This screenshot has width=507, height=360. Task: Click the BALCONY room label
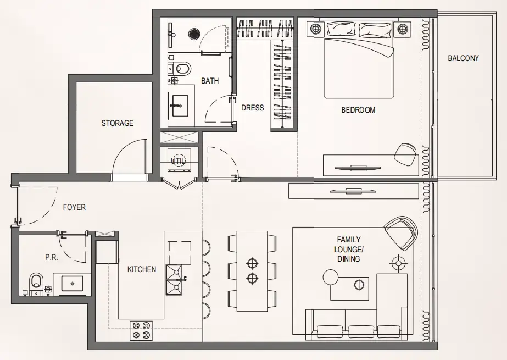coord(463,58)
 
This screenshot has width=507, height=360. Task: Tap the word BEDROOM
coord(358,110)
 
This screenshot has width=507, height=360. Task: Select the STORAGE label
coord(117,123)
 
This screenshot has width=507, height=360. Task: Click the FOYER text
coord(74,207)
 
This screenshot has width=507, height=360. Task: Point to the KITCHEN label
coord(142,269)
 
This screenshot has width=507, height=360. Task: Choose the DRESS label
coord(253,108)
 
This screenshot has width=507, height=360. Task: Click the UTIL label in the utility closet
coord(179,161)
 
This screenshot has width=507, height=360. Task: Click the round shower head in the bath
coord(194,34)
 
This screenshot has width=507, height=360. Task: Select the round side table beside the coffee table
coord(331,277)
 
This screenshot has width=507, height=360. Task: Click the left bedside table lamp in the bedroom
coord(316,29)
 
